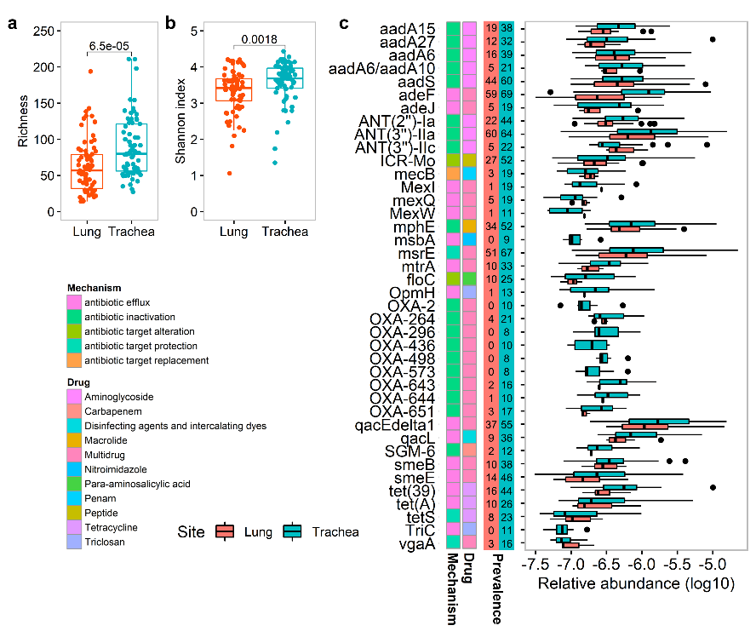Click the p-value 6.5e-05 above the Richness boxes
coord(108,45)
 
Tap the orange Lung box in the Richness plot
coord(86,169)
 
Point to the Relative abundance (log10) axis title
coord(630,585)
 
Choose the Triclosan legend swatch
coord(75,542)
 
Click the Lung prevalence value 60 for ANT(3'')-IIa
coord(491,134)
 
